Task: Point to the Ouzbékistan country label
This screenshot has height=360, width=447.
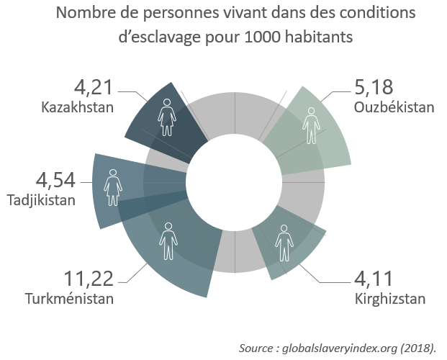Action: point(394,108)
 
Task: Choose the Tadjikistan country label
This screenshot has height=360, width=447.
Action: point(41,199)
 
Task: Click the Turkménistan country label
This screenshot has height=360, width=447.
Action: point(71,298)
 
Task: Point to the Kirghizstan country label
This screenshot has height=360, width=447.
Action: point(390,298)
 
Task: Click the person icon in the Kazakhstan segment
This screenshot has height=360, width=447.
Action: point(168,117)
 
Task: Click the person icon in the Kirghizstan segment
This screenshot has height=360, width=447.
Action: point(284,243)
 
